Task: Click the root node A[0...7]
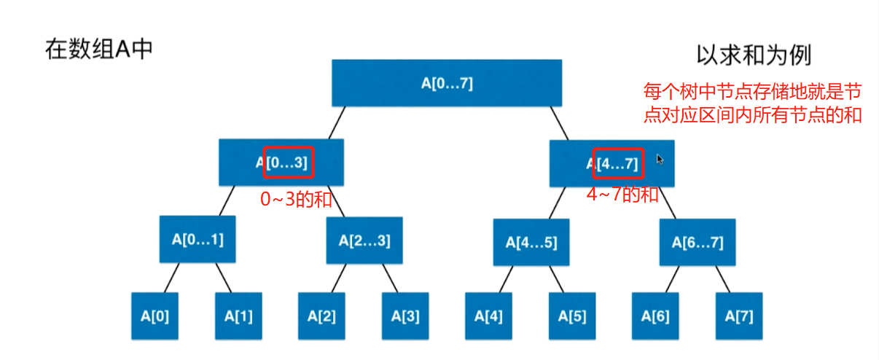point(447,83)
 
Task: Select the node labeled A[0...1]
point(198,239)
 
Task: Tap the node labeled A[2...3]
point(364,240)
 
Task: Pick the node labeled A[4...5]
point(531,242)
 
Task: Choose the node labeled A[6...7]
point(698,242)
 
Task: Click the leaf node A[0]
point(155,316)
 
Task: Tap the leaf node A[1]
point(238,316)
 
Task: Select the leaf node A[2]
point(321,316)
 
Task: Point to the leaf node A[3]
point(405,316)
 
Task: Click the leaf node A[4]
point(488,316)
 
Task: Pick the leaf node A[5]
point(571,316)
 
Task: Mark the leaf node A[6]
point(655,316)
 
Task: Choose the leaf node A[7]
point(739,316)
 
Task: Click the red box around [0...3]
point(289,163)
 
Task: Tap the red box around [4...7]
point(618,163)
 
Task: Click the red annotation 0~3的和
point(296,199)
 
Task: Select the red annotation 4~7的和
point(622,194)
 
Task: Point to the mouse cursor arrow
point(660,159)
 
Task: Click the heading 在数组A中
point(99,50)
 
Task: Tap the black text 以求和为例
point(754,55)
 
